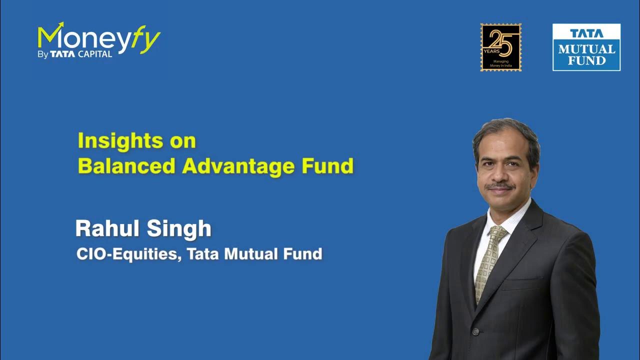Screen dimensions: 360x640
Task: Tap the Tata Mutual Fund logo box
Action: [586, 47]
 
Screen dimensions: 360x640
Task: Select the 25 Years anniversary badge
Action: [500, 47]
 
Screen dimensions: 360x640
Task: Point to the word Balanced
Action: [127, 166]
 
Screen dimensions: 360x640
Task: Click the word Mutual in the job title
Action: [248, 253]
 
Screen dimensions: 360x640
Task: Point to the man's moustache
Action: [500, 186]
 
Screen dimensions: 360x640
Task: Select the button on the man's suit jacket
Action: [476, 331]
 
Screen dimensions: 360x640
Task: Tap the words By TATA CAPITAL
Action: [75, 54]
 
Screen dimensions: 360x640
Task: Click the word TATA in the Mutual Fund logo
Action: [586, 33]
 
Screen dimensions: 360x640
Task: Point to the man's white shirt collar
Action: [515, 215]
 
